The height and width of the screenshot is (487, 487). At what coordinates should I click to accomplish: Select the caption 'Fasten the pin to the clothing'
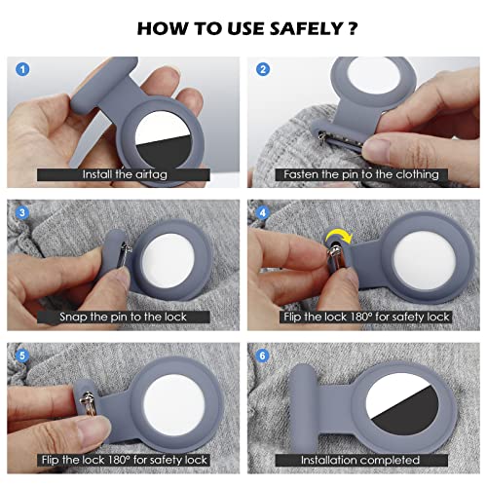point(361,174)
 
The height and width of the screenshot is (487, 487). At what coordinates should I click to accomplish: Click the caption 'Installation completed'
point(361,459)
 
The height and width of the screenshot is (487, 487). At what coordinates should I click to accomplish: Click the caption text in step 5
point(122,459)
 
